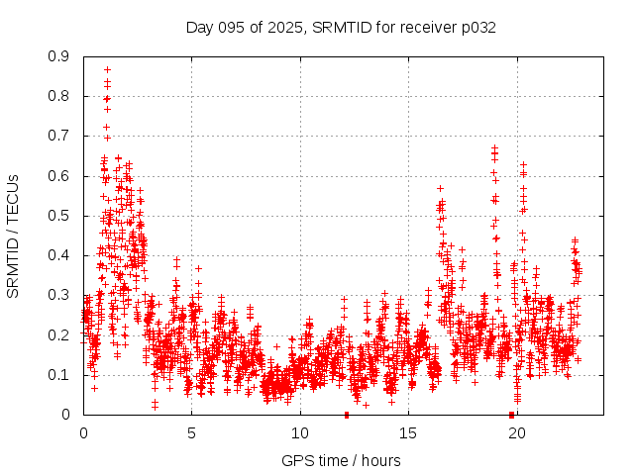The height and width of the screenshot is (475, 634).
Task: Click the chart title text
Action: coord(341,27)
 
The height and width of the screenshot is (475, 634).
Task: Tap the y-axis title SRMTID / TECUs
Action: coord(13,236)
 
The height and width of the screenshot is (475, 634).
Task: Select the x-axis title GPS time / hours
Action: coord(341,460)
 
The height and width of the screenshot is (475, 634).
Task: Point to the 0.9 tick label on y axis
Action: coord(60,57)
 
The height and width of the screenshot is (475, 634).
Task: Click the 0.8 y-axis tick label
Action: coord(60,97)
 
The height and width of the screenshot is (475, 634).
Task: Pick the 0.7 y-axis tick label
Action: coord(60,137)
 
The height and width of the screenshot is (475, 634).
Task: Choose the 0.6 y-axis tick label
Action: coord(60,176)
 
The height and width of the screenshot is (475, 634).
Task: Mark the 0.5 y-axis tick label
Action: coord(60,216)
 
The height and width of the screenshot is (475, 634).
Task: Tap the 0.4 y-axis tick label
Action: coord(60,255)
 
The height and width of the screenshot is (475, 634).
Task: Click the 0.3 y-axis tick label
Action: coord(60,295)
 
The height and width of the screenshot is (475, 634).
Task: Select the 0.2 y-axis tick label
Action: coord(60,334)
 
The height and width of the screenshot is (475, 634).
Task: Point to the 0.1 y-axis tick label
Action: coord(60,374)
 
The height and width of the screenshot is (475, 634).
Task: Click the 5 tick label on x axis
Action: coord(191,432)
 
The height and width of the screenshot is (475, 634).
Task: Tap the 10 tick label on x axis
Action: coord(300,432)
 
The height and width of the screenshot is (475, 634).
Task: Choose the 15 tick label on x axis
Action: coord(408,432)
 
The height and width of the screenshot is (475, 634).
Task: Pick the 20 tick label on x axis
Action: coord(516,432)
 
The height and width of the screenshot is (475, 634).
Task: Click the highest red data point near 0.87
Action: coord(107,70)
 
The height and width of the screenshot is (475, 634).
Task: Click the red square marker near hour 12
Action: coord(347,414)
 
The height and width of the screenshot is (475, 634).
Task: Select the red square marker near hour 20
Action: coord(511,414)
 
